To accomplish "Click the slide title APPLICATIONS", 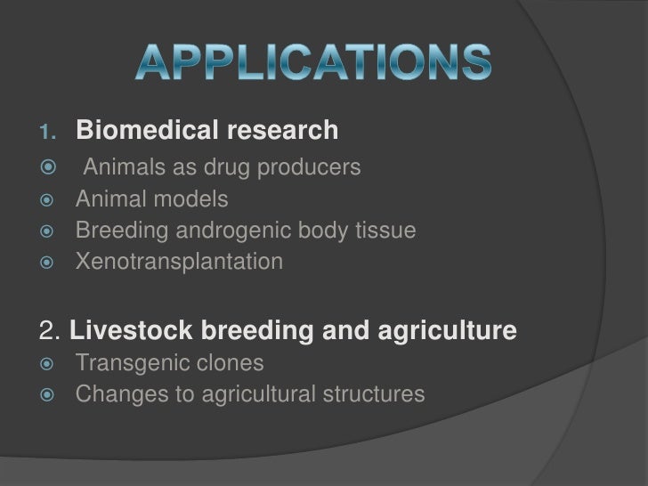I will point(313,61).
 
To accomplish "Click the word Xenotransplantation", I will point(180,263).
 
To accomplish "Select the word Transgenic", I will point(133,364).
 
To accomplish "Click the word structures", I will point(369,395).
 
